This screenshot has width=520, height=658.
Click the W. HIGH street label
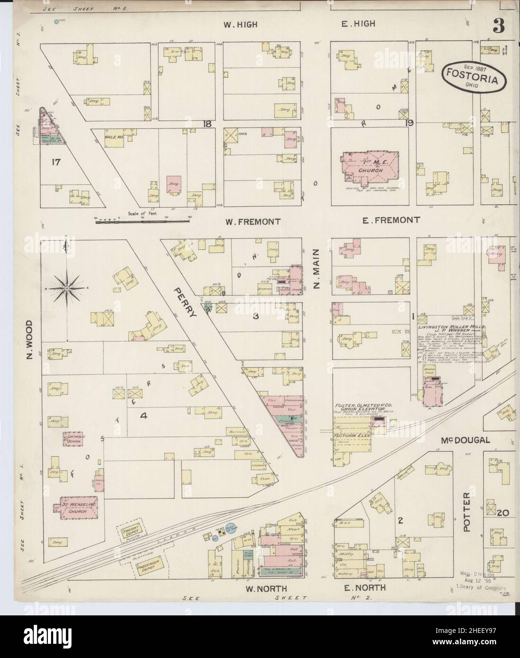coord(241,25)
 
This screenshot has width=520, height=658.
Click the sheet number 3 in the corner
coord(498,27)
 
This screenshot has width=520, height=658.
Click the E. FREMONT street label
coord(391,220)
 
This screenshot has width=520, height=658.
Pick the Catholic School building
coord(73,438)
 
